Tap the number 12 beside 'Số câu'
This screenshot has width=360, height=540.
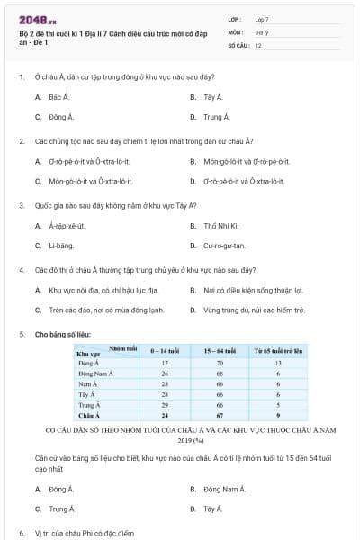257,44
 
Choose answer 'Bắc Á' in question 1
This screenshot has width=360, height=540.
59,96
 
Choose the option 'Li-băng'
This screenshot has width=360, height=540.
61,246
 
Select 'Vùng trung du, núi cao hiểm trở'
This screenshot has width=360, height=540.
254,310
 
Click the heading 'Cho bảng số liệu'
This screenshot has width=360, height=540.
63,334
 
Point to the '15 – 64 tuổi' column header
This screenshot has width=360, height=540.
219,351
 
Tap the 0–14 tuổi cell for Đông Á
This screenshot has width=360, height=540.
166,363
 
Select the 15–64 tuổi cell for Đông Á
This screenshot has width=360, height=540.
219,363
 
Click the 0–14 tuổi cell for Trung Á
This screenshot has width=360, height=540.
166,405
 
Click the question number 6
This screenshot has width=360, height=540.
22,534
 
